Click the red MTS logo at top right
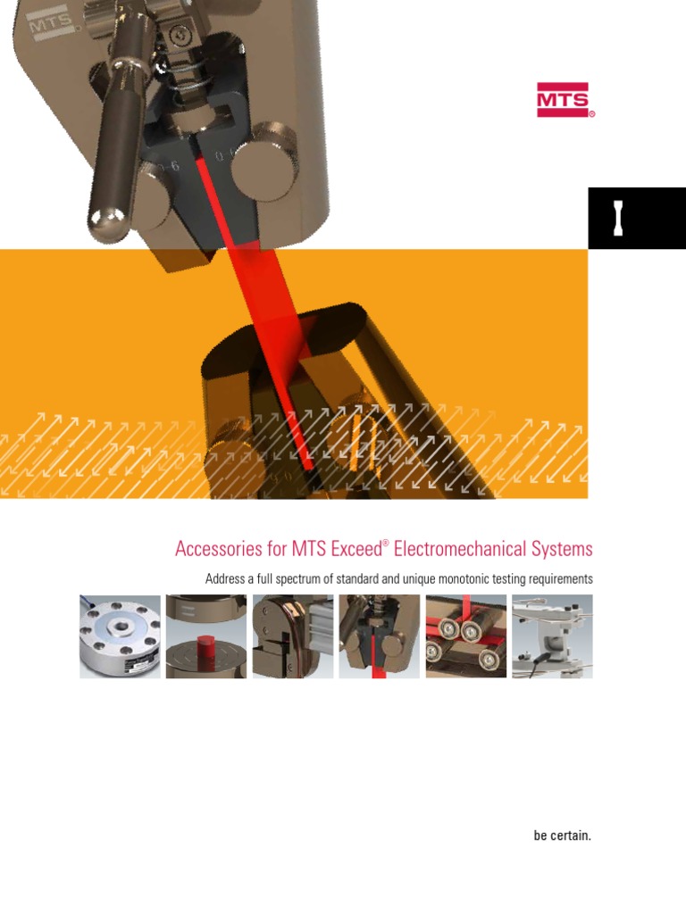[565, 100]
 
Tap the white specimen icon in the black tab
[617, 219]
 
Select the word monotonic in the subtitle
[467, 579]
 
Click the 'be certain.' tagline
[563, 836]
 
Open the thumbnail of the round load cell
[120, 636]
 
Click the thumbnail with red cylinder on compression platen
[206, 636]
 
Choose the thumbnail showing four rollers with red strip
[464, 636]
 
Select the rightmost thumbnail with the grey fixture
[551, 636]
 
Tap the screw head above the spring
[182, 34]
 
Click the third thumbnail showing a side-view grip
[293, 636]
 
